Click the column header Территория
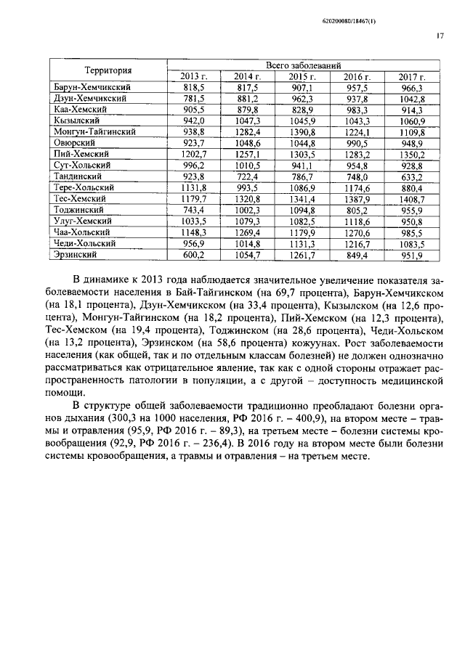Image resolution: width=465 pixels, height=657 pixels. point(108,70)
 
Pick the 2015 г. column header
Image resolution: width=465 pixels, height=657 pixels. point(302,76)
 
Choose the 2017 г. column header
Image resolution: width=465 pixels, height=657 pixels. point(411,76)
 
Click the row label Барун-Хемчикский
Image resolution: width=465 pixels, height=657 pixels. point(86,86)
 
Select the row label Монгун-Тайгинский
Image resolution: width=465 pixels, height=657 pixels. point(94,131)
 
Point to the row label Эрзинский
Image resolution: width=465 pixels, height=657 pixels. point(76,255)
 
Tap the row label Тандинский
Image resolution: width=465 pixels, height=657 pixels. point(78,176)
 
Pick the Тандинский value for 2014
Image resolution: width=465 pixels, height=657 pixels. point(247,176)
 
